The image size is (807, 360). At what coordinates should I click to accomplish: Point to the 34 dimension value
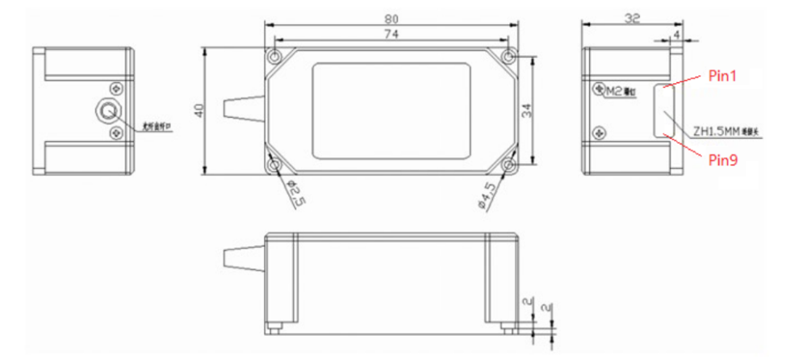(x=527, y=111)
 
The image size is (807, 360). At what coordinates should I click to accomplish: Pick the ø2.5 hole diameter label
(x=295, y=193)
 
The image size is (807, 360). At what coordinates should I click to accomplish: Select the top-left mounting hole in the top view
(x=276, y=59)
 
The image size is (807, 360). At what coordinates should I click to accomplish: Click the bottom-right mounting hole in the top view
(x=508, y=165)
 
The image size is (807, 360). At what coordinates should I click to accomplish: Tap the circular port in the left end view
(x=107, y=111)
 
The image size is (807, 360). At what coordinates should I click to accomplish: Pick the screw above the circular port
(x=119, y=87)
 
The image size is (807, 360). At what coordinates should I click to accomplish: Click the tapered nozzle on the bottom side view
(x=244, y=258)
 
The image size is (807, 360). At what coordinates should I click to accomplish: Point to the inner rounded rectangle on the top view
(x=391, y=111)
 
